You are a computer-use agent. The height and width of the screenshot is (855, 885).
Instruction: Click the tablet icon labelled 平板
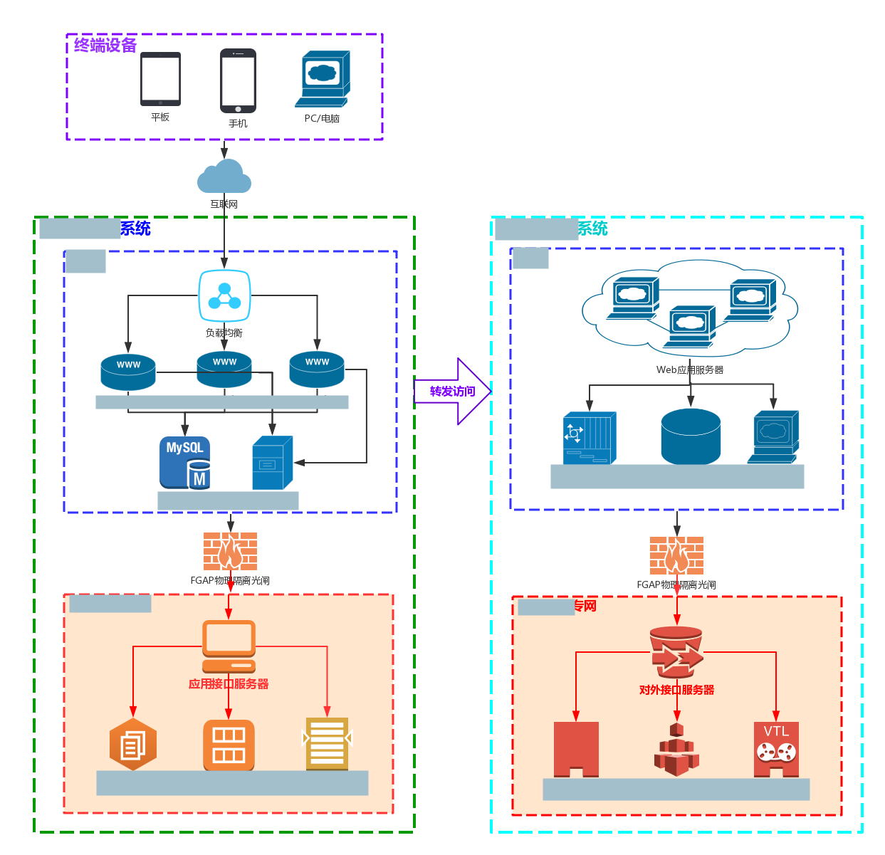[160, 79]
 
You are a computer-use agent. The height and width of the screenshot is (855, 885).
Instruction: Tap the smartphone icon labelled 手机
[238, 80]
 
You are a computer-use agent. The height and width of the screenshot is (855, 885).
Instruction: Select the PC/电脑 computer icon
[323, 78]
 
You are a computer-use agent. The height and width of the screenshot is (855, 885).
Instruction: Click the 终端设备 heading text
[105, 46]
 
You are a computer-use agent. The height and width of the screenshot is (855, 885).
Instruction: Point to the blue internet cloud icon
[224, 177]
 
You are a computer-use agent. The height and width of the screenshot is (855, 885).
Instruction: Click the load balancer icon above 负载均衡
[224, 296]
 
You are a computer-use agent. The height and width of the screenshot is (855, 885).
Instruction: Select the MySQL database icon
[184, 463]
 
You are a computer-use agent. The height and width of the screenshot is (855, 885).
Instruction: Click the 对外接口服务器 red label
[676, 690]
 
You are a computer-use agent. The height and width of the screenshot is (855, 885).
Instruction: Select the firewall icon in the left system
[230, 551]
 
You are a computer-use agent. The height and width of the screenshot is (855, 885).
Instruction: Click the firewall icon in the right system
[676, 555]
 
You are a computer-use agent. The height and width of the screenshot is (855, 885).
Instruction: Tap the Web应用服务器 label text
[689, 370]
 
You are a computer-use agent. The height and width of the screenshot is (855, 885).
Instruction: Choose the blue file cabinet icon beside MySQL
[272, 463]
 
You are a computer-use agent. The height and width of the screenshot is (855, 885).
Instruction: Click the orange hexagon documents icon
[133, 744]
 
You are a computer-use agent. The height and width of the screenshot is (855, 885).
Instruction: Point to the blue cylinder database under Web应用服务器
[691, 436]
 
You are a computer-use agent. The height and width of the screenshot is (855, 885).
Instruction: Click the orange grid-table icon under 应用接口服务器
[229, 745]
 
